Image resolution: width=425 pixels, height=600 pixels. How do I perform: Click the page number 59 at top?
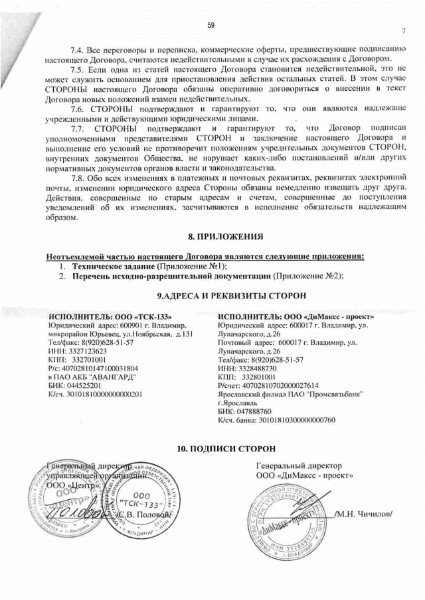[x=211, y=25]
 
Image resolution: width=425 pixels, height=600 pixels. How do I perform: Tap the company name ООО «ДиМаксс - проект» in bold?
[x=325, y=317]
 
